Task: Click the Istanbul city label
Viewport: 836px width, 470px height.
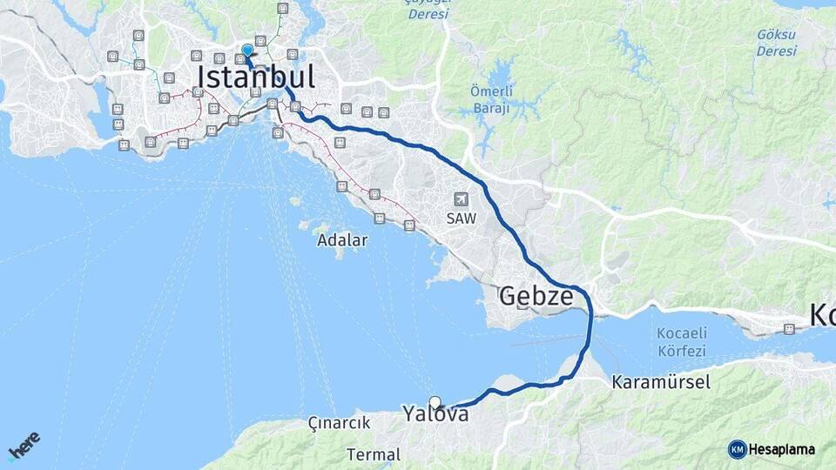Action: (255, 77)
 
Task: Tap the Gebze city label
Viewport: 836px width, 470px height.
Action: (536, 297)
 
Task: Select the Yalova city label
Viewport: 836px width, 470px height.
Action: (435, 414)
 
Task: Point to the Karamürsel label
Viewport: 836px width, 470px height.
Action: (661, 381)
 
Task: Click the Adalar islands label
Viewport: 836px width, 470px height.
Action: (342, 239)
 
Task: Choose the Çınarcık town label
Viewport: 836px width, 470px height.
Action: (340, 423)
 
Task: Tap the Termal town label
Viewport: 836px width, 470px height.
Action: (374, 454)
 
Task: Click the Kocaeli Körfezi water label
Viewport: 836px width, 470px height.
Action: (682, 343)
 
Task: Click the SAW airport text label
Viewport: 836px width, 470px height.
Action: (462, 218)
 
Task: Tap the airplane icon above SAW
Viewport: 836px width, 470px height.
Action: (461, 200)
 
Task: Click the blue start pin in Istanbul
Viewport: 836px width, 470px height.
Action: (247, 50)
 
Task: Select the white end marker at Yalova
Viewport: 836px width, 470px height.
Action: (435, 402)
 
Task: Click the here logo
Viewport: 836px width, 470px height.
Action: (24, 445)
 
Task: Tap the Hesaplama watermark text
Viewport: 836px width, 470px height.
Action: (781, 449)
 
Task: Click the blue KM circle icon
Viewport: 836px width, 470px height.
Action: (737, 449)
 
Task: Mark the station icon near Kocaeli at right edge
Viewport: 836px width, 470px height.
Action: (789, 329)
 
